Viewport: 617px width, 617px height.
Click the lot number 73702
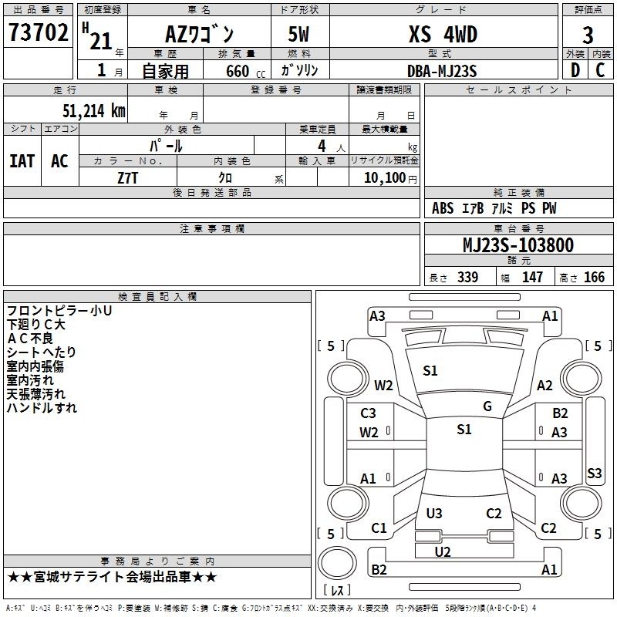click(39, 35)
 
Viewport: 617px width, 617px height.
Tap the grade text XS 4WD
click(443, 35)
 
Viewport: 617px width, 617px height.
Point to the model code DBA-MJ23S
click(443, 71)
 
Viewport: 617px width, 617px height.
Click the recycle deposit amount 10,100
click(384, 177)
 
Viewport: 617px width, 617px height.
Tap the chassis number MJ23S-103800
click(518, 246)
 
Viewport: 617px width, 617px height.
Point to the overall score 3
click(588, 35)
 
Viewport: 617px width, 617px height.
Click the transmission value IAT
click(22, 161)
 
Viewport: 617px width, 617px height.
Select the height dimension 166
click(594, 278)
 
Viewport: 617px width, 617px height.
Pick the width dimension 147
click(532, 278)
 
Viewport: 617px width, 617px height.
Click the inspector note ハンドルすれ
click(42, 408)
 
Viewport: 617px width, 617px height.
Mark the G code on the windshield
click(487, 406)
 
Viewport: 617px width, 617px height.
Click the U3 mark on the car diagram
click(434, 513)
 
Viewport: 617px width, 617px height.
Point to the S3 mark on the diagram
click(594, 473)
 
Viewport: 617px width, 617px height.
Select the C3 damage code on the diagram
click(369, 413)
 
